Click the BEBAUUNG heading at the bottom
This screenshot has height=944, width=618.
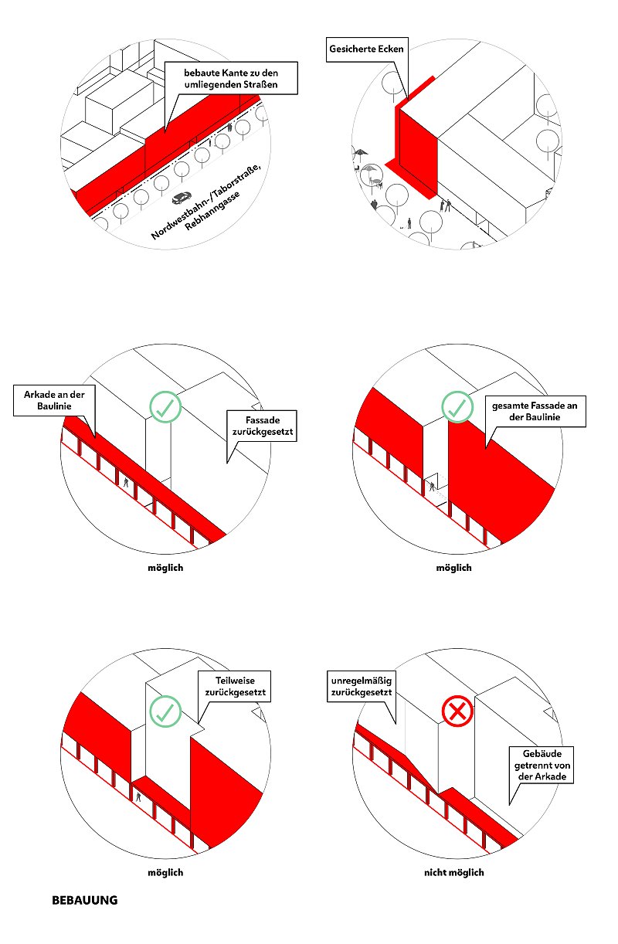(84, 900)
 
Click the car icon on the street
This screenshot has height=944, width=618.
(183, 197)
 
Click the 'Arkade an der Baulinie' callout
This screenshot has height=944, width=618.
(54, 399)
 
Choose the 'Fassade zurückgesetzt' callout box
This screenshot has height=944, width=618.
(260, 425)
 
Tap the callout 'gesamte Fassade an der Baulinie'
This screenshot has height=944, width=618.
(535, 411)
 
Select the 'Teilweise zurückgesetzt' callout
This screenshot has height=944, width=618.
(236, 687)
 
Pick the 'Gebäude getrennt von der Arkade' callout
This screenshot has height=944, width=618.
(542, 764)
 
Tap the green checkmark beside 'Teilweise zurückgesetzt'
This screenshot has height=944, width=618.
(165, 711)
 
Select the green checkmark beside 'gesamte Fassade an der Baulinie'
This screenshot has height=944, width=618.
(457, 406)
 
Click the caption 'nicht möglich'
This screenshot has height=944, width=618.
(454, 872)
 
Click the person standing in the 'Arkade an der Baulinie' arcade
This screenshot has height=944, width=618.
(126, 483)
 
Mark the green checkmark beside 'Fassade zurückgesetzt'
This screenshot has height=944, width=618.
(165, 406)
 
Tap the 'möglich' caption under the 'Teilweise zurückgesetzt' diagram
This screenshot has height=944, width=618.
(165, 872)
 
